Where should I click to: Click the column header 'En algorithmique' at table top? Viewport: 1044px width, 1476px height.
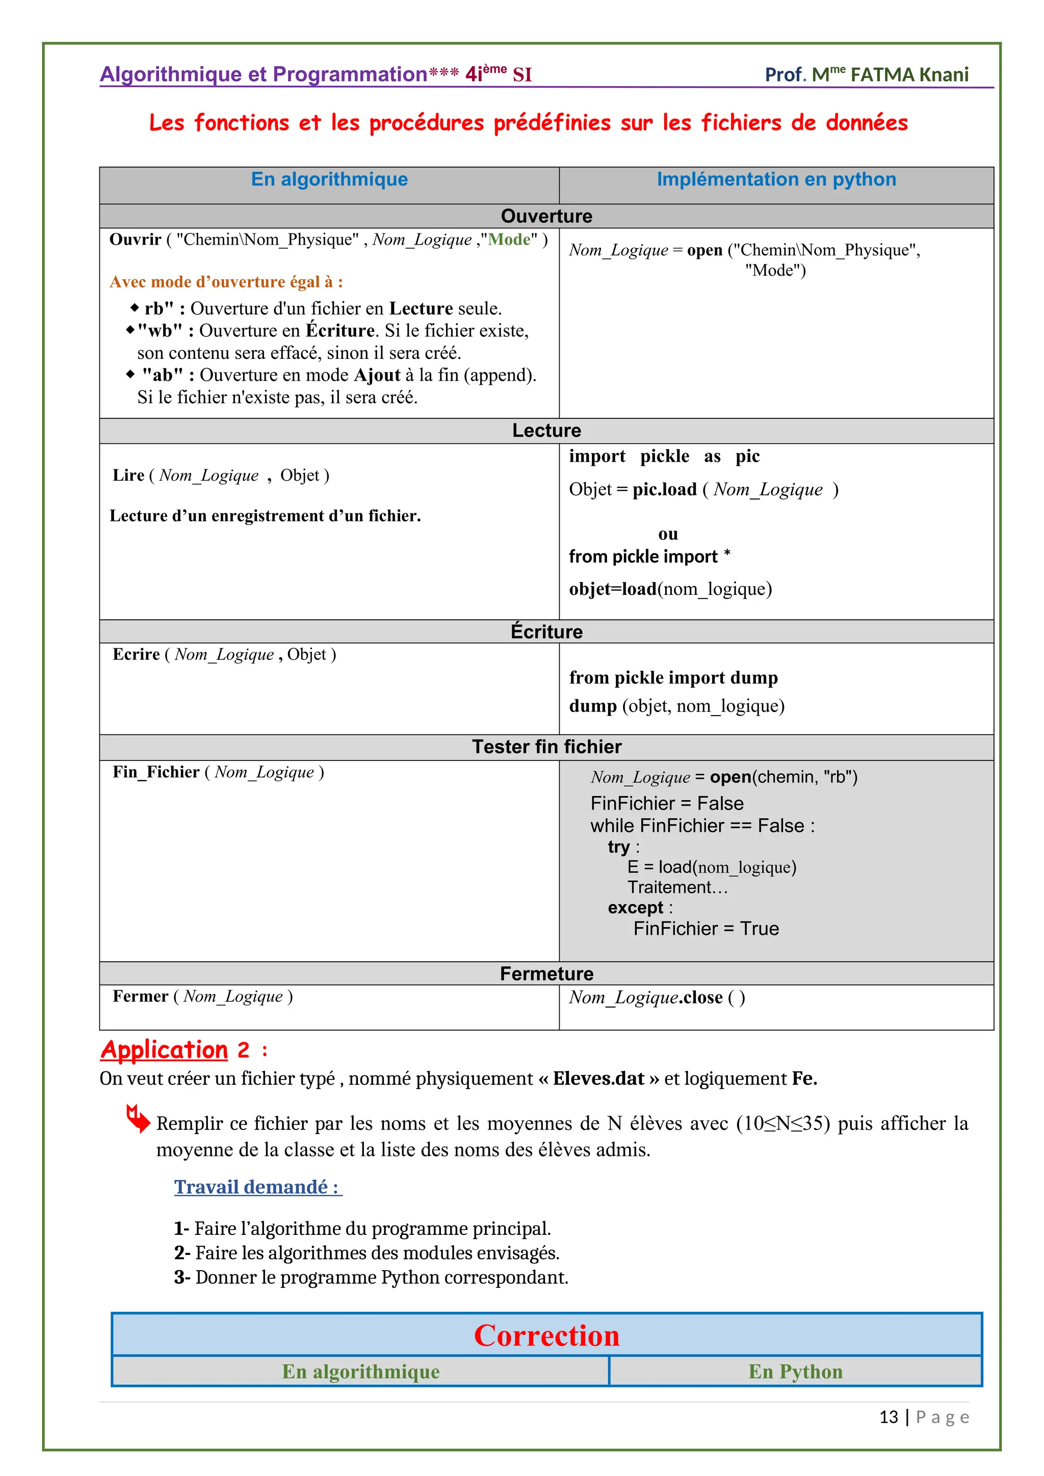click(x=329, y=179)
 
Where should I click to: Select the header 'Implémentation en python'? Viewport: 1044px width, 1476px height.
click(x=776, y=179)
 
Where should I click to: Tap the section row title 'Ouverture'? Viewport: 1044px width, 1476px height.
click(x=546, y=216)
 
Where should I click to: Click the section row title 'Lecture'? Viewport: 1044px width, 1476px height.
click(x=546, y=430)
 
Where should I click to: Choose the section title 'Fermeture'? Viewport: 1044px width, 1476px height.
click(x=546, y=973)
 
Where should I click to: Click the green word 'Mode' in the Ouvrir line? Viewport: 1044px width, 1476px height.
click(x=509, y=240)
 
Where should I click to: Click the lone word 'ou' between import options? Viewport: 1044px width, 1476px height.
click(x=668, y=534)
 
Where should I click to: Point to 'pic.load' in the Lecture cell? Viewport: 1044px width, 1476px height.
click(x=664, y=490)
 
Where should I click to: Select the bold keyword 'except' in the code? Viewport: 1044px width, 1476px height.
click(x=636, y=907)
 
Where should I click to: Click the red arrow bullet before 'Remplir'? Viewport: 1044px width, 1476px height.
click(x=138, y=1119)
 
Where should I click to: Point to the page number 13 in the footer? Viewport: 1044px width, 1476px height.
click(x=888, y=1417)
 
